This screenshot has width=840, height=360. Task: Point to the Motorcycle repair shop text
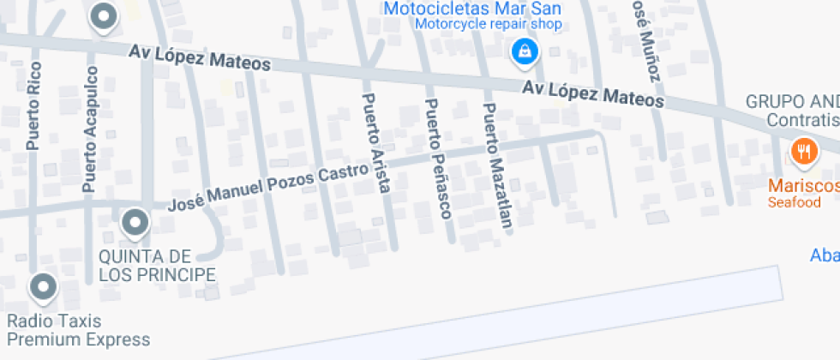click(489, 25)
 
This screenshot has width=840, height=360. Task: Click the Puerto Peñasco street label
click(437, 159)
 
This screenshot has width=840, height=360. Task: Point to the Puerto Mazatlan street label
click(497, 167)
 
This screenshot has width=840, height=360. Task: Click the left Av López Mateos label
click(200, 57)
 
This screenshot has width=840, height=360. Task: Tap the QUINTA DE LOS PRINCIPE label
click(157, 266)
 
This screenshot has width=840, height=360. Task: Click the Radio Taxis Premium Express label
click(78, 331)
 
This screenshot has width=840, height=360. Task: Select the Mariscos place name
click(803, 185)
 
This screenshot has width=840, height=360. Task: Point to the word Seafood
click(794, 203)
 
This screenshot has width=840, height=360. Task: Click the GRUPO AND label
click(792, 100)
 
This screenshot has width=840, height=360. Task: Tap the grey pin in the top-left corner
click(104, 16)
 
